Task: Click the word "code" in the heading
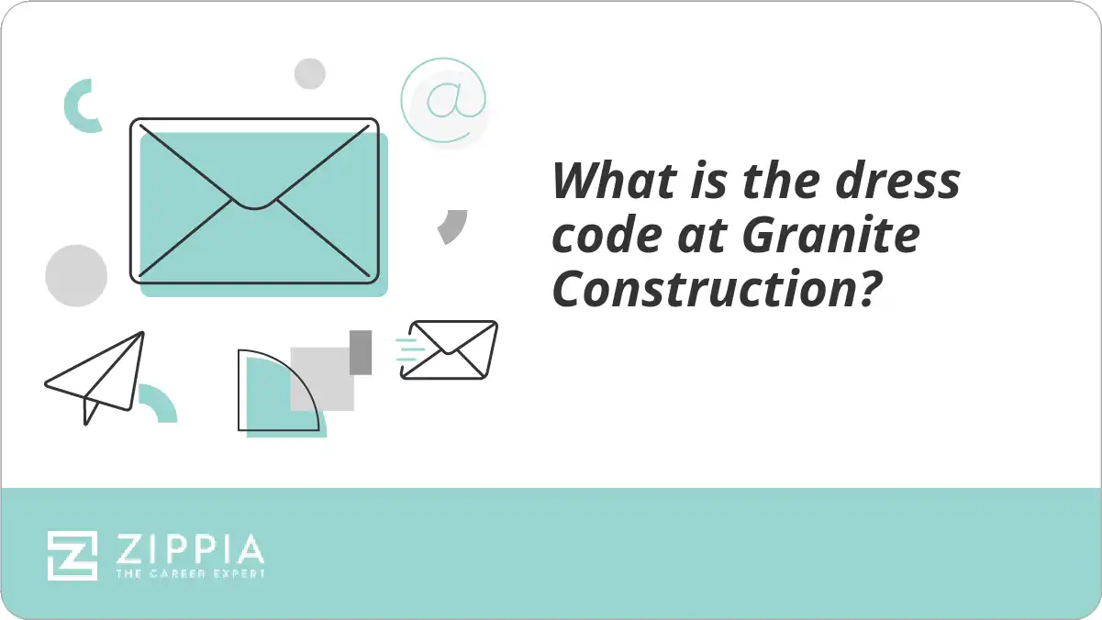click(606, 236)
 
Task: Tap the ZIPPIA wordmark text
click(190, 550)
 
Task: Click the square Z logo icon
click(72, 556)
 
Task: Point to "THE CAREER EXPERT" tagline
click(190, 574)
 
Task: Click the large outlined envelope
click(254, 200)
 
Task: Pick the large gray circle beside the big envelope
click(76, 275)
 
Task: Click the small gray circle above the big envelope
click(310, 73)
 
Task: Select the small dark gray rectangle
click(361, 352)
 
